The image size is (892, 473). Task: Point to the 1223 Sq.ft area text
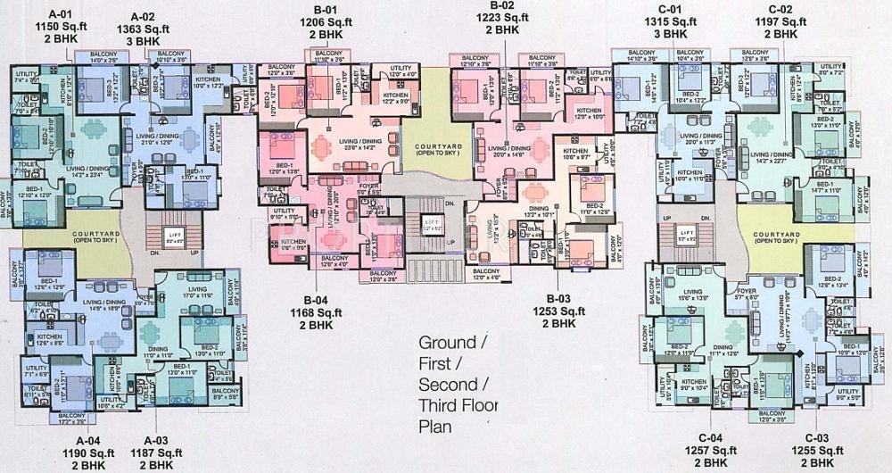pos(501,16)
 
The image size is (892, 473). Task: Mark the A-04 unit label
pos(87,440)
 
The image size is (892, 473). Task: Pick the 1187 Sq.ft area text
pos(153,452)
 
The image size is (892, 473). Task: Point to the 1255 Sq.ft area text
pos(818,449)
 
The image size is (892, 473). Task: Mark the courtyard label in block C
pos(775,236)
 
